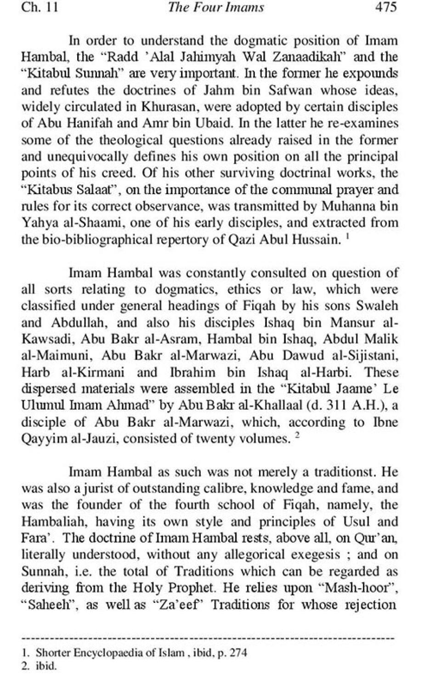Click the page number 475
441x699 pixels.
pyautogui.click(x=385, y=7)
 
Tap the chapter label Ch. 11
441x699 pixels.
pyautogui.click(x=40, y=7)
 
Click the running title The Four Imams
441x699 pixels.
pyautogui.click(x=223, y=7)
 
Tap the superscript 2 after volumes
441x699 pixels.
pyautogui.click(x=297, y=435)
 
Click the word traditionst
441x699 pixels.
pyautogui.click(x=348, y=472)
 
